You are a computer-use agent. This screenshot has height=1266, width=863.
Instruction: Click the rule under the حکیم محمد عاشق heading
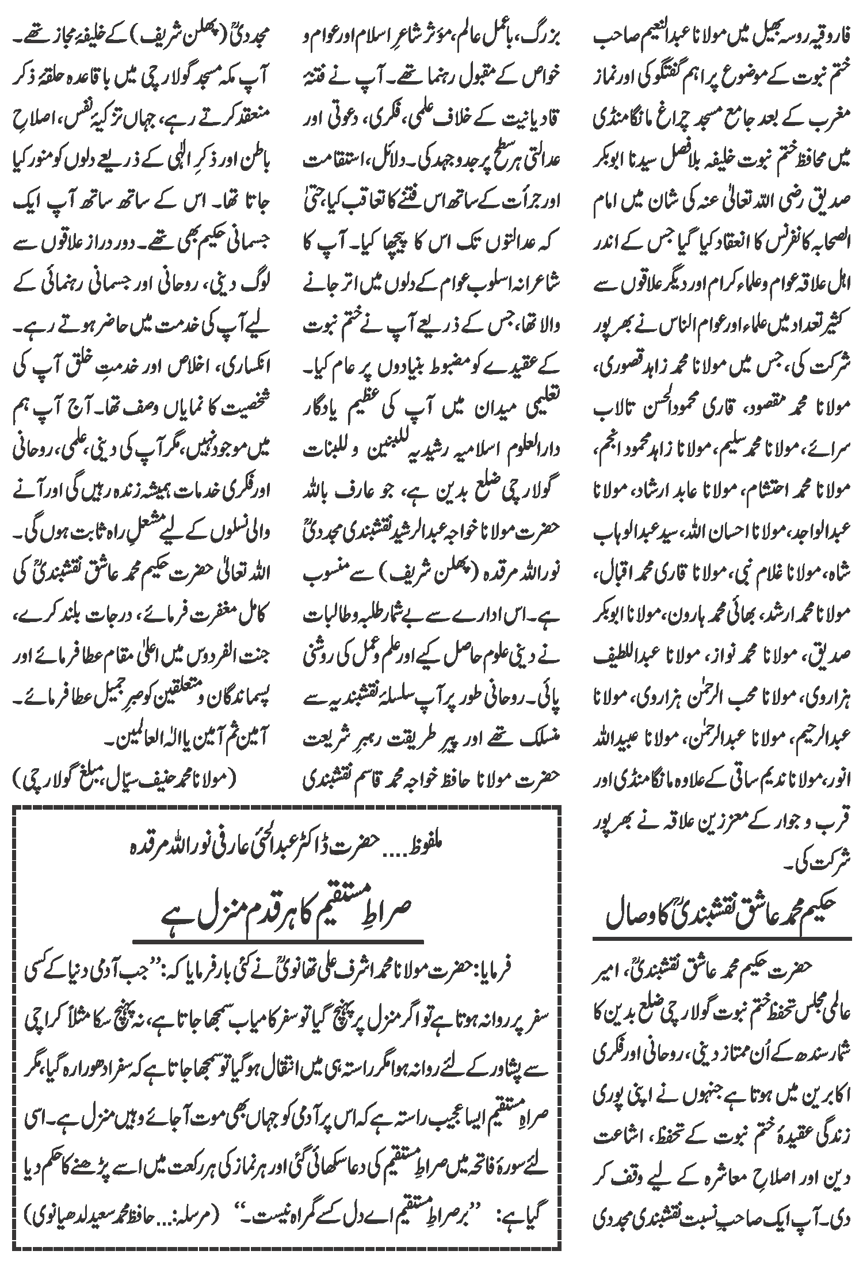(x=722, y=939)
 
